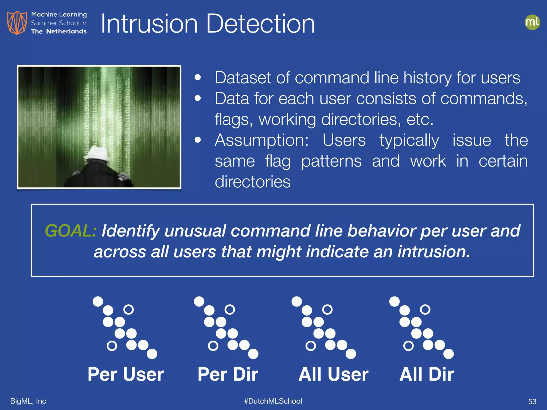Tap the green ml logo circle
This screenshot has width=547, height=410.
pos(532,22)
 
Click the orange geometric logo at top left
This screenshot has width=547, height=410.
pos(17,23)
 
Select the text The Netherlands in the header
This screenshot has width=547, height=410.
pos(59,31)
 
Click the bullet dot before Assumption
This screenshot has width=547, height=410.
pos(198,140)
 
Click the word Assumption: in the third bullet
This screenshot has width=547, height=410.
pos(262,140)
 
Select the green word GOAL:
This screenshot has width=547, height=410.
pos(71,231)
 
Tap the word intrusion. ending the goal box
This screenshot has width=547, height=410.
pos(433,252)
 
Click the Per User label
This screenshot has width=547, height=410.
pos(126,374)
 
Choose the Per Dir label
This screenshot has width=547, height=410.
pos(228,374)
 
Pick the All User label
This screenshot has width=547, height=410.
pos(333,374)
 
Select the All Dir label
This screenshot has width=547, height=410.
pos(427,374)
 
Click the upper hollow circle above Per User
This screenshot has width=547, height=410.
pos(128,310)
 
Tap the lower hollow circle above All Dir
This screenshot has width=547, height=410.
pos(408,346)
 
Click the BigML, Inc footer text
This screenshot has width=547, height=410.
pos(28,401)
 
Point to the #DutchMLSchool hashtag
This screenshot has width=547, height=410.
pos(273,401)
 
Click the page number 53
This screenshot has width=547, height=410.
pos(532,401)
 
